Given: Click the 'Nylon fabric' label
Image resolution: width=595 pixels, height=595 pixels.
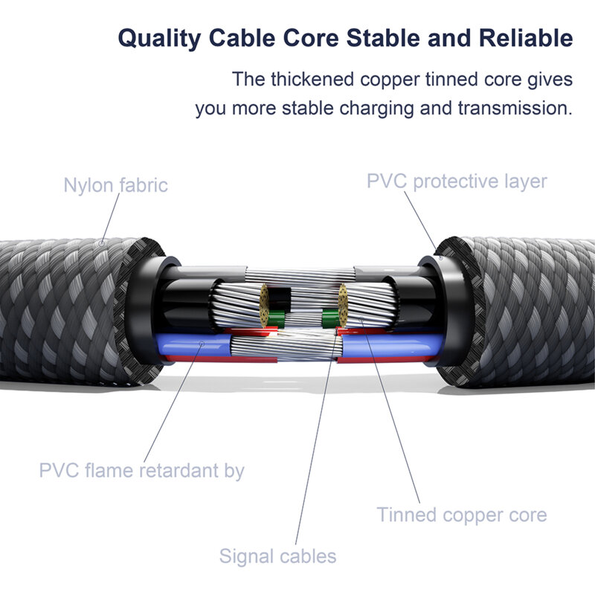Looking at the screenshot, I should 115,184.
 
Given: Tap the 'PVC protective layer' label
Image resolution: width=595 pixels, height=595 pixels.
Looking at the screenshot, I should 457,181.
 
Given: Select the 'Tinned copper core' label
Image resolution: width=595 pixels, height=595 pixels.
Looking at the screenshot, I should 461,514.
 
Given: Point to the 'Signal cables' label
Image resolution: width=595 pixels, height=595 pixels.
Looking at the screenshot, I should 277,556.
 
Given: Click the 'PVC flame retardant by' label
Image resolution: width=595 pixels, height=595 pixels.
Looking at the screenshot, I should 141,470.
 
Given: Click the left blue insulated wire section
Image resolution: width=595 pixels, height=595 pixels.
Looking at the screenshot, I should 190,346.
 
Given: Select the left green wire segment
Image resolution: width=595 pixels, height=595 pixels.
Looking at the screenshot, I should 277,321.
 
